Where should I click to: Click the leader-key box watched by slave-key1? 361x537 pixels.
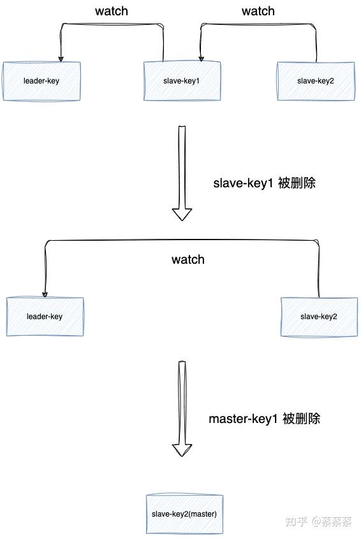point(41,81)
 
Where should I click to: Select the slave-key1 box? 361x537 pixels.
point(182,81)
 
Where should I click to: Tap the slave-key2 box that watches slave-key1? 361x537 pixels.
point(315,81)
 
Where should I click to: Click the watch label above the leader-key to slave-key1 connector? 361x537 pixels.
point(112,11)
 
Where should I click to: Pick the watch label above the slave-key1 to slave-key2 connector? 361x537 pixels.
point(258,11)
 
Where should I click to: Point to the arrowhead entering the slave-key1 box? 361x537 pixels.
point(201,58)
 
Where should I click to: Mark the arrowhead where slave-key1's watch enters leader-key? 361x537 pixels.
point(61,58)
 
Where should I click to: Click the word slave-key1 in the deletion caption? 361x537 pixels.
point(243,183)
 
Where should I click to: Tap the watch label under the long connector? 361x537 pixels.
point(188,259)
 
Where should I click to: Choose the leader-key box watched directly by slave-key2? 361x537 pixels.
point(45,316)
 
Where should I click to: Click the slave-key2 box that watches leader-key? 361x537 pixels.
point(319,316)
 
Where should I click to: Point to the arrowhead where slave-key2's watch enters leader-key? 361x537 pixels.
point(44,294)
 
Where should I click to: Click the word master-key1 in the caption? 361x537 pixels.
point(242,419)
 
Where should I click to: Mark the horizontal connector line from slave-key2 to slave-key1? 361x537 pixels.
point(258,24)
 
